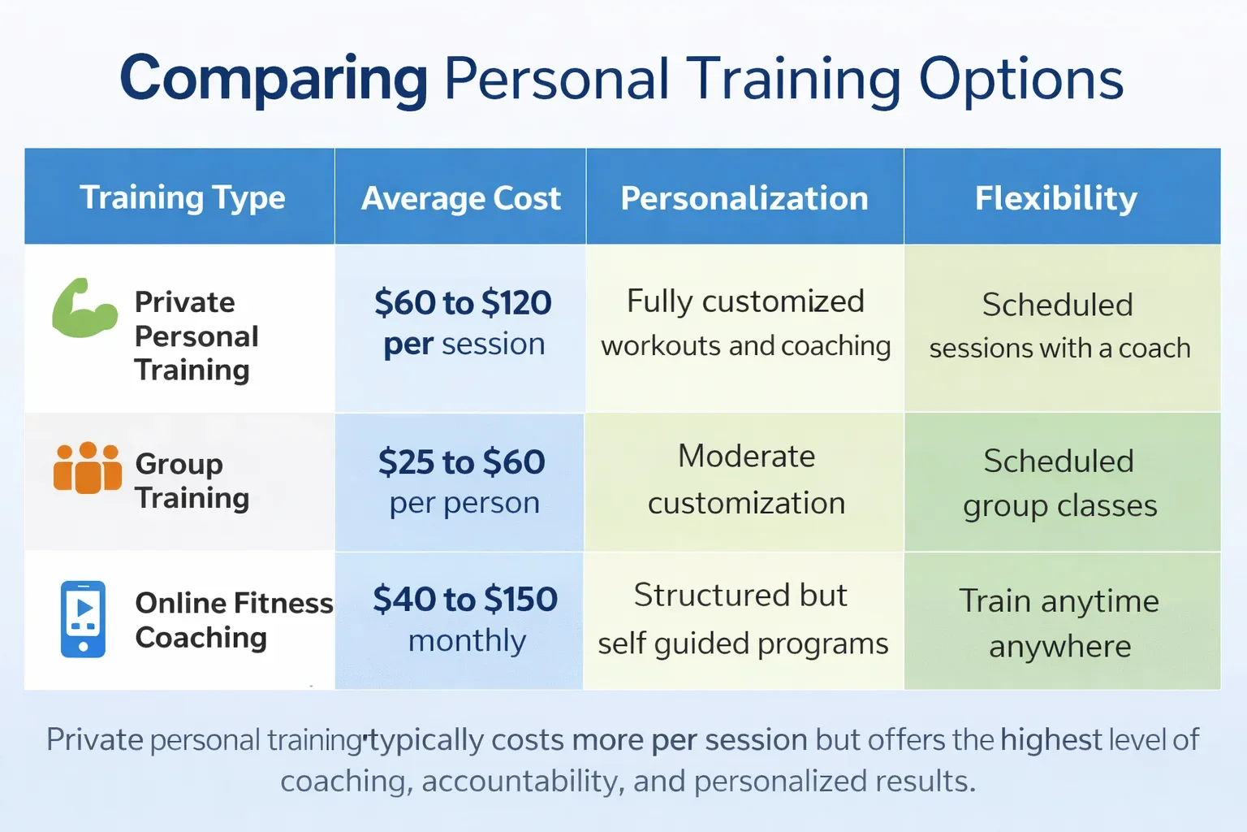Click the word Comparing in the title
click(x=274, y=79)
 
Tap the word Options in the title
click(x=1020, y=79)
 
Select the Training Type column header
click(x=182, y=197)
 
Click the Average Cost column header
click(x=460, y=198)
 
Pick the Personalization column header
click(x=744, y=198)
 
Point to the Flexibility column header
click(x=1055, y=198)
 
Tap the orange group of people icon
click(x=87, y=468)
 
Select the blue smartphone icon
click(x=83, y=618)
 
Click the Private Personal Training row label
click(x=196, y=336)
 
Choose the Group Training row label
click(x=192, y=480)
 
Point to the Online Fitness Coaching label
click(x=233, y=620)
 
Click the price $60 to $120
click(x=463, y=303)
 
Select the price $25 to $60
click(x=461, y=462)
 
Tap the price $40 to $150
click(x=464, y=600)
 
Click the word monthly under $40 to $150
click(x=467, y=641)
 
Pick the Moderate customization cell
click(x=746, y=479)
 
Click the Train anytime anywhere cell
click(x=1059, y=623)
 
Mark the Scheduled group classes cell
click(x=1059, y=483)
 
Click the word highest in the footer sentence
click(x=1051, y=740)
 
